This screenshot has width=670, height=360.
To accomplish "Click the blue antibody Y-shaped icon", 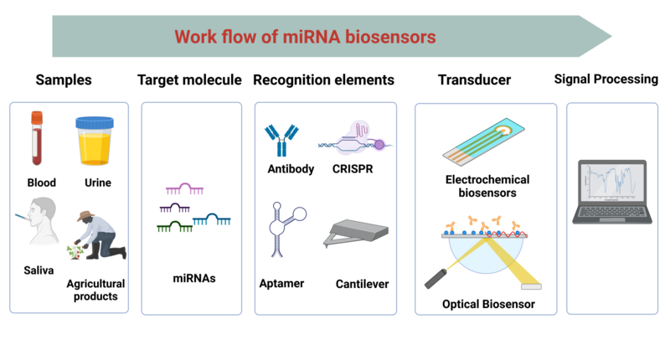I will tap(281, 139).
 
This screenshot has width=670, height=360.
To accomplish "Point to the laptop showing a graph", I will tap(610, 192).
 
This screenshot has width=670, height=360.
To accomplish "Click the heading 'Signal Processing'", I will tap(606, 80).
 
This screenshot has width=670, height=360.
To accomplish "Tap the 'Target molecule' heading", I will tap(189, 80).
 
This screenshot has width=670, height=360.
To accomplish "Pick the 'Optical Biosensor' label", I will tap(488, 304).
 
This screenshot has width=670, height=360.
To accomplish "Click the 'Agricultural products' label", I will tap(96, 290).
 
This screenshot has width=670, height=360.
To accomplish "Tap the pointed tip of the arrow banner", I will tap(609, 37).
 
